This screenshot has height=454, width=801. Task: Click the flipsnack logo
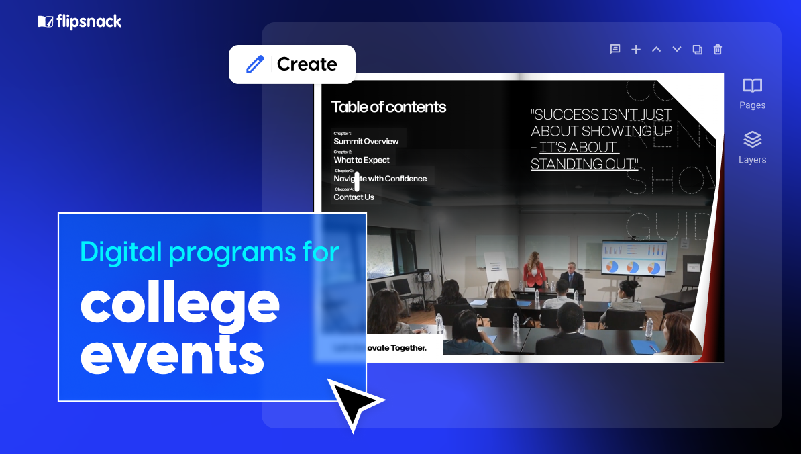coord(79,22)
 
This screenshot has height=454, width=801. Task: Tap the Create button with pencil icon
coord(292,64)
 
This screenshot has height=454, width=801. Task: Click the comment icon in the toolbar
coord(615,49)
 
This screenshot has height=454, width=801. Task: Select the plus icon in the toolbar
coord(636,49)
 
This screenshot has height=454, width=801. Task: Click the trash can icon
coord(718,49)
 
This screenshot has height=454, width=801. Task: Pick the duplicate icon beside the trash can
coord(697,49)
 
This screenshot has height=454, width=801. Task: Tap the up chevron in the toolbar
coord(657,49)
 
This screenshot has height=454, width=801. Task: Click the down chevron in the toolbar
coord(677,49)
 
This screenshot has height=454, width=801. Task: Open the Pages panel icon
coord(752,86)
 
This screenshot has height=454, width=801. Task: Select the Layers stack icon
coord(752,140)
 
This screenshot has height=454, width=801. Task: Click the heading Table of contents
coord(388,107)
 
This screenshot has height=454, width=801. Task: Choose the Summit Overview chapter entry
coord(366,141)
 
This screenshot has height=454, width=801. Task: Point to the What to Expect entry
coord(362,160)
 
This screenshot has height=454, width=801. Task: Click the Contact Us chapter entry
coord(354,197)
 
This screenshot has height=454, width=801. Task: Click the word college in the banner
coord(180,306)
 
